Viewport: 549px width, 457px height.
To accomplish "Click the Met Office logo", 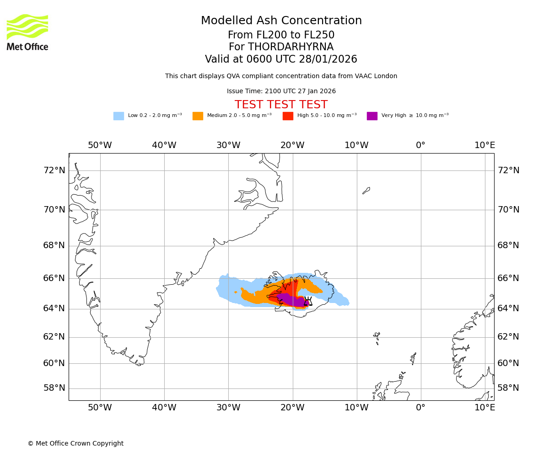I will click(x=27, y=32).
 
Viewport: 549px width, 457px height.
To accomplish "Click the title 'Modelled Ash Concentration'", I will click(x=281, y=21).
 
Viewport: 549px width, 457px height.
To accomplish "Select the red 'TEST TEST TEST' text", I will click(x=281, y=105).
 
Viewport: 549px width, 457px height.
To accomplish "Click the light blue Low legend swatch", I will click(x=118, y=116).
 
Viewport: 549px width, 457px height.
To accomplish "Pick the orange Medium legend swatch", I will click(x=198, y=116).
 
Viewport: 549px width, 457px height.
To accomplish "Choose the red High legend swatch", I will click(x=288, y=116).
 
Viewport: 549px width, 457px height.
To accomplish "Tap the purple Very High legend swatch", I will click(x=372, y=116).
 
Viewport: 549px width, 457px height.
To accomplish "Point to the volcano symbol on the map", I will click(x=308, y=301).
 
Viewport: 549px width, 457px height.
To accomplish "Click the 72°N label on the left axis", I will click(x=54, y=170).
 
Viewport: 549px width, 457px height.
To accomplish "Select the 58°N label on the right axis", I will click(x=508, y=388).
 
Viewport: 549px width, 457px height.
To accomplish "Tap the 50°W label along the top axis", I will click(x=100, y=145).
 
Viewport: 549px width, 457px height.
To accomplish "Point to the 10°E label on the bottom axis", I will click(x=484, y=408).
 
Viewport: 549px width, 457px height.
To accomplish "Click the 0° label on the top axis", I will click(x=420, y=145).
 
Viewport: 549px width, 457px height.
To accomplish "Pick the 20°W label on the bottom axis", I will click(x=292, y=408).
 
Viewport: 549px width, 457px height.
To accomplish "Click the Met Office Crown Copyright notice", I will click(x=75, y=443).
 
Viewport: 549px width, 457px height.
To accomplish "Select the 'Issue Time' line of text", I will click(x=281, y=91).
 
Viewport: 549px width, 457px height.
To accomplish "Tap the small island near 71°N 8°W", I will click(x=366, y=190).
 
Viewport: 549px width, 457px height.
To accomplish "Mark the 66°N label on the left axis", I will click(x=54, y=278).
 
